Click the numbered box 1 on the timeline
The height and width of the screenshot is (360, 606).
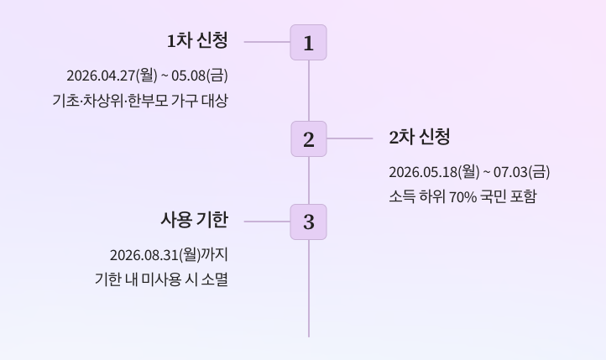pyautogui.click(x=308, y=43)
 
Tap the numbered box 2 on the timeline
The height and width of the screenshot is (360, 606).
pyautogui.click(x=308, y=139)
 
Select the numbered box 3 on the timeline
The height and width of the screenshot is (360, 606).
pyautogui.click(x=308, y=222)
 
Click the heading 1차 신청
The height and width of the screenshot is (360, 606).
pyautogui.click(x=197, y=40)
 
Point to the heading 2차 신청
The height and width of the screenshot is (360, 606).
pyautogui.click(x=420, y=138)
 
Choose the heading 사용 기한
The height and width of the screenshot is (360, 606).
pyautogui.click(x=194, y=220)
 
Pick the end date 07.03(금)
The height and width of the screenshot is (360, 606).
pyautogui.click(x=521, y=172)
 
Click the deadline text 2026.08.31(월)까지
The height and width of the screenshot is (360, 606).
pyautogui.click(x=169, y=254)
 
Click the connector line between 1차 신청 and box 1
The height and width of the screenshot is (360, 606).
pyautogui.click(x=267, y=42)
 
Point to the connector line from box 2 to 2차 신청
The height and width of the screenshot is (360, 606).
pyautogui.click(x=349, y=138)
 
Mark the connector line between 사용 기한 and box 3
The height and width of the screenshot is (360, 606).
pyautogui.click(x=267, y=222)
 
